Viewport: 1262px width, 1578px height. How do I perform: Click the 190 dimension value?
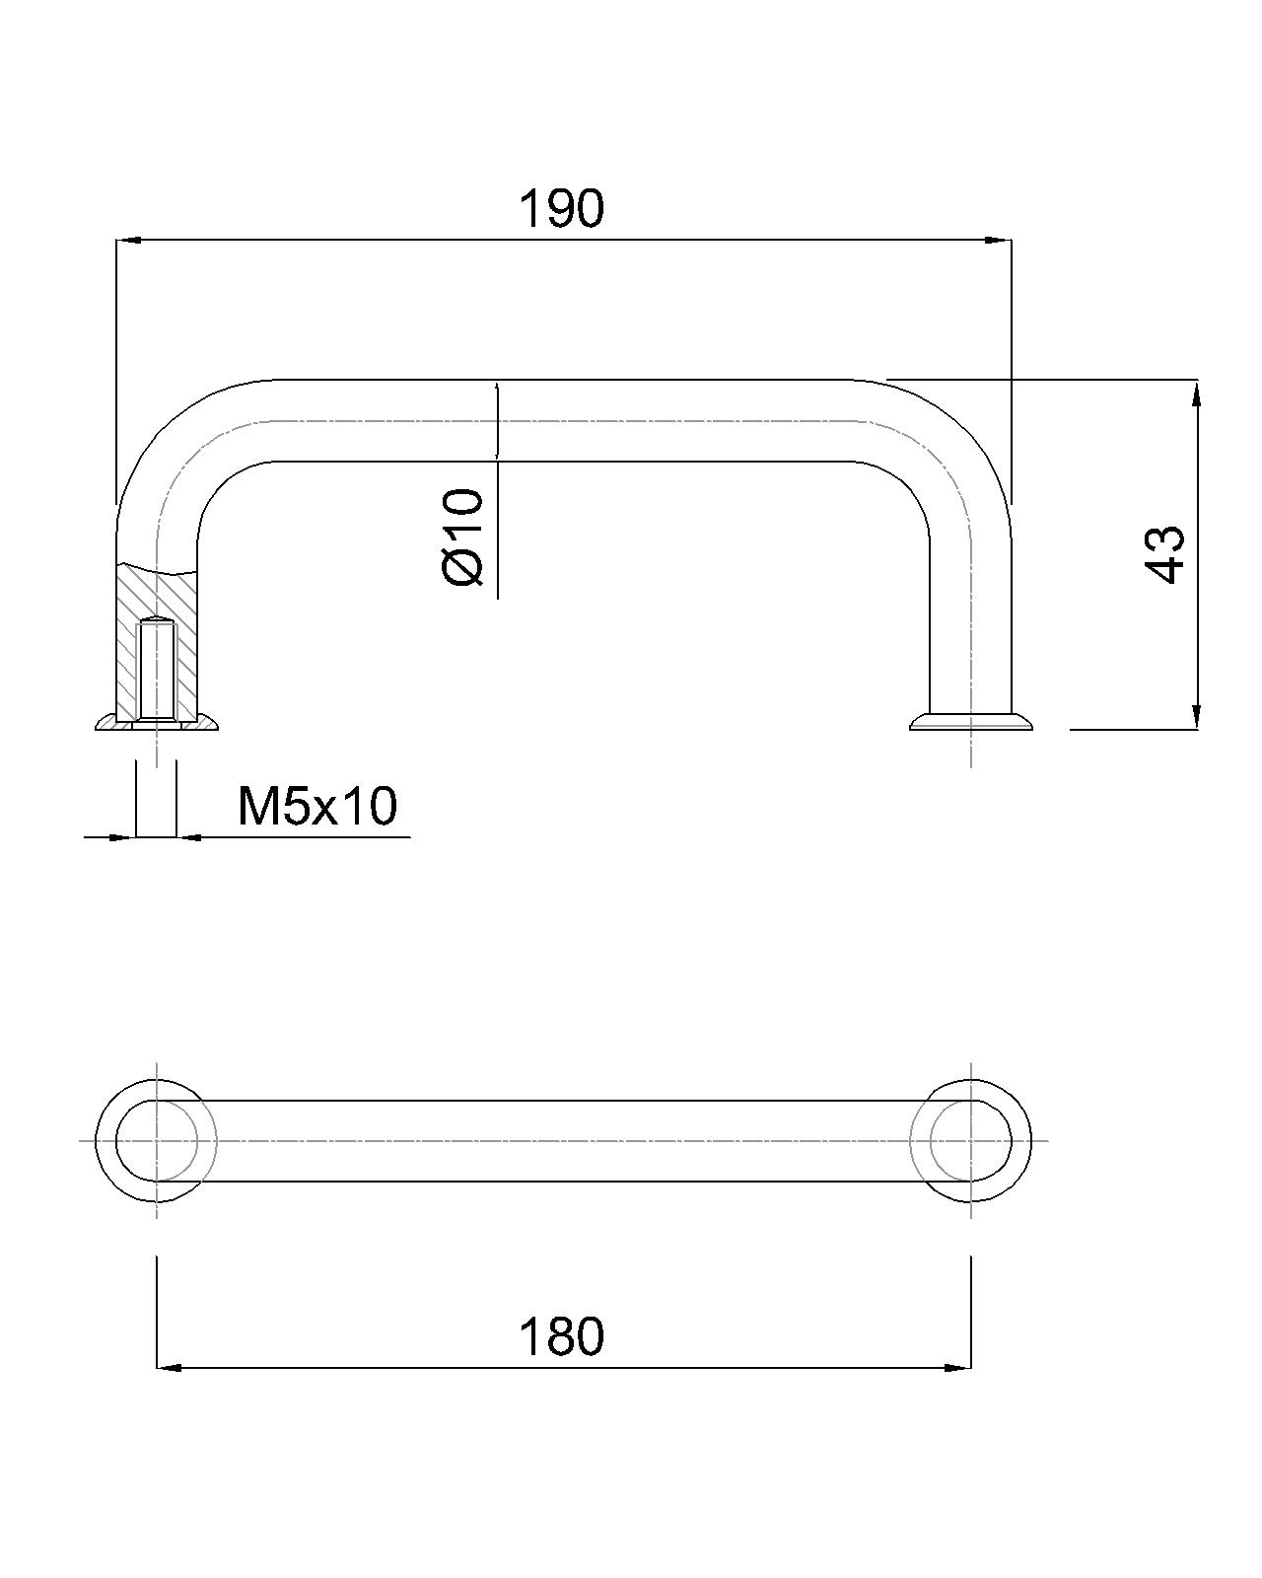[561, 209]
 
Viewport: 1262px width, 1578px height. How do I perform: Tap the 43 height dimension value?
[1164, 554]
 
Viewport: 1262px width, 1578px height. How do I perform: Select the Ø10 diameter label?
[463, 538]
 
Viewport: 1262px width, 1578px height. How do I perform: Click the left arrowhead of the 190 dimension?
[127, 240]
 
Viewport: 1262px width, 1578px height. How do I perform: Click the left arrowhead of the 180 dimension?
[169, 1368]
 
